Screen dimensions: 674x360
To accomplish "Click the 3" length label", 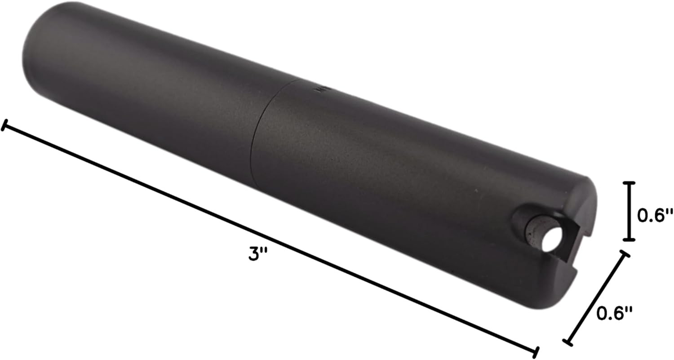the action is click(258, 253).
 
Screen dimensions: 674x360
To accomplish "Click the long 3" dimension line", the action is click(270, 238).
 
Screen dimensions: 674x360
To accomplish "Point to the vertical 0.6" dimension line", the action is click(629, 211).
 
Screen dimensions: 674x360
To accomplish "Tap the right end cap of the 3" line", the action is click(536, 352).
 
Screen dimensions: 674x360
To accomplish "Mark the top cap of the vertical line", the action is click(629, 183).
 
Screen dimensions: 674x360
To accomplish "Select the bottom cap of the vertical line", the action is click(629, 240).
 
